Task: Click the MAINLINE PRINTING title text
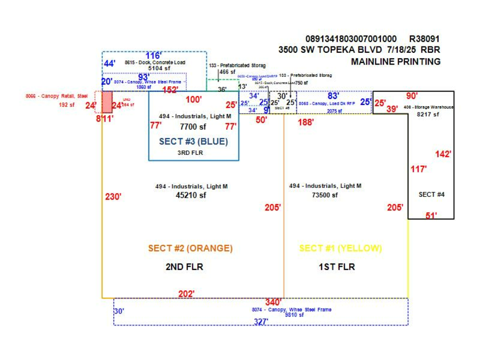pos(396,61)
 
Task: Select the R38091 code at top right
pos(425,39)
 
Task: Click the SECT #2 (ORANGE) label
pos(190,249)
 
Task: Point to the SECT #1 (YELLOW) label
pos(340,249)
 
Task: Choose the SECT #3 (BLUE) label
pos(193,142)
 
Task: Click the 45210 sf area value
pos(191,195)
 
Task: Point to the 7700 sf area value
pos(193,127)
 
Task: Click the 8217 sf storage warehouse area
pos(428,114)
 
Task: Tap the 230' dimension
pos(113,197)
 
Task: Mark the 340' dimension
pos(273,302)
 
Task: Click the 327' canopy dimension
pos(261,322)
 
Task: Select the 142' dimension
pos(443,154)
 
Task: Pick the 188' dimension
pos(306,122)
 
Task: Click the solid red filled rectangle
pos(107,101)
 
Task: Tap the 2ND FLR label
pos(184,267)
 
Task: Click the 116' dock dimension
pos(154,55)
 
